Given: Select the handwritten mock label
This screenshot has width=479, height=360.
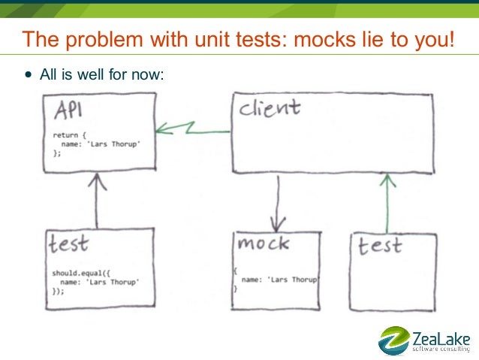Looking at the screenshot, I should pos(263,244).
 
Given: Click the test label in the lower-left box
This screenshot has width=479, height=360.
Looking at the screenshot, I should pos(69,244).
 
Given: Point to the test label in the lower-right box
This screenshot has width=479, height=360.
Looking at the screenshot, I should pos(379,246).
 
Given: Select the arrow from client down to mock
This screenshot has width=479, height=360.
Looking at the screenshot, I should pos(279,204).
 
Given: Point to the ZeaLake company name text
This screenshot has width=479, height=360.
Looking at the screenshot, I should pos(441,335).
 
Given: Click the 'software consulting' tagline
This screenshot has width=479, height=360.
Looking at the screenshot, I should pos(442,349).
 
